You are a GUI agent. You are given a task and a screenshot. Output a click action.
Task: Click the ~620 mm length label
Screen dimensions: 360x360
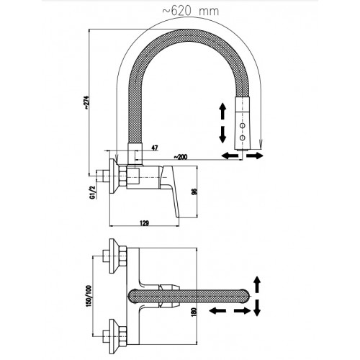[x=191, y=12]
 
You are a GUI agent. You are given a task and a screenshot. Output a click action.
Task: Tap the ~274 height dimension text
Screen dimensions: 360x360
[x=86, y=103]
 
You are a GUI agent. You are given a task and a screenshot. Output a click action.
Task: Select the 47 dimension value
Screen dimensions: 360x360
[x=155, y=148]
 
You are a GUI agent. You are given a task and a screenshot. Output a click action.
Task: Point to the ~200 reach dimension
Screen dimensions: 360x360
[x=180, y=157]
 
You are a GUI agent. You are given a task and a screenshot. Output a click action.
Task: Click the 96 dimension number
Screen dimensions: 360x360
[x=194, y=192]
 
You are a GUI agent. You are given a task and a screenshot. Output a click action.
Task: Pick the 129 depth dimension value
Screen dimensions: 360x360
[x=144, y=223]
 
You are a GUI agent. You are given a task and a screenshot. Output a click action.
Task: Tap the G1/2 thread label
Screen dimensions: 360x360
[x=93, y=192]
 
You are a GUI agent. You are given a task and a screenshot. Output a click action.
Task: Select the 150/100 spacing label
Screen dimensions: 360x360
[x=89, y=296]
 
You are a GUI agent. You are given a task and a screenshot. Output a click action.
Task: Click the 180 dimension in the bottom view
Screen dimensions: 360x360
[x=194, y=312]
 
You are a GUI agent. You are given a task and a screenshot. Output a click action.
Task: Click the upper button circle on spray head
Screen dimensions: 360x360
[x=243, y=125]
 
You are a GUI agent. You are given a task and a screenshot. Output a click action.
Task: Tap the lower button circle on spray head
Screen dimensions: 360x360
[x=243, y=138]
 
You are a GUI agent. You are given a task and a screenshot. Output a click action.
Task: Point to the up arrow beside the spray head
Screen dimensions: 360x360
[x=223, y=111]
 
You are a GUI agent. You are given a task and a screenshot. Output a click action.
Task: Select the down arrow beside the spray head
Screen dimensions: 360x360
[x=223, y=135]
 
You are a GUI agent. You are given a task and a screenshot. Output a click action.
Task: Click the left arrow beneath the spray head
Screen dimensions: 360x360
[x=230, y=156]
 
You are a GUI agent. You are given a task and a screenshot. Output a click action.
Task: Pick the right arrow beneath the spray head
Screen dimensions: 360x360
[x=255, y=156]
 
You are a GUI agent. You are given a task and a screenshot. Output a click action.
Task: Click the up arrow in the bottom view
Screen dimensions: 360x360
[x=257, y=284]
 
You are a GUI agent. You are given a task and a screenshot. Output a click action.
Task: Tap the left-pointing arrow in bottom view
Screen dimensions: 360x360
[x=217, y=311]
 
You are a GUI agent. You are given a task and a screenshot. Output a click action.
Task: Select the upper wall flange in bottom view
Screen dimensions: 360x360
[x=114, y=256]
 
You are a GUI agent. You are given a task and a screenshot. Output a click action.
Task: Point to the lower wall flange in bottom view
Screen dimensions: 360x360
[x=114, y=336]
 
